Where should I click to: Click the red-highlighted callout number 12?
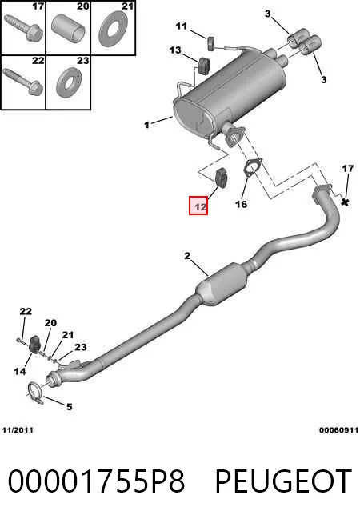(x=198, y=206)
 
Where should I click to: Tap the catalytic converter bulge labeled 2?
(x=222, y=284)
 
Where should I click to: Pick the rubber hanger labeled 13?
(x=203, y=66)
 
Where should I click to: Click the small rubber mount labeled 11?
(x=211, y=44)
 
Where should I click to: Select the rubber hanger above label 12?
(x=221, y=178)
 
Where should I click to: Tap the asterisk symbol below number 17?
(x=346, y=202)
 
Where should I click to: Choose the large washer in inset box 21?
(x=114, y=29)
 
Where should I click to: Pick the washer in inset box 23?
(x=69, y=83)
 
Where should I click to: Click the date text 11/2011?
(x=18, y=430)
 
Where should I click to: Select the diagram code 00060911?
(x=338, y=430)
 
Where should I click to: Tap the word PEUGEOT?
(x=283, y=481)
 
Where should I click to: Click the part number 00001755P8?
(x=97, y=481)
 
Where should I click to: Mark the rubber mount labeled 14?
(x=34, y=345)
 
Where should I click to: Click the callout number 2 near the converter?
(x=187, y=256)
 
